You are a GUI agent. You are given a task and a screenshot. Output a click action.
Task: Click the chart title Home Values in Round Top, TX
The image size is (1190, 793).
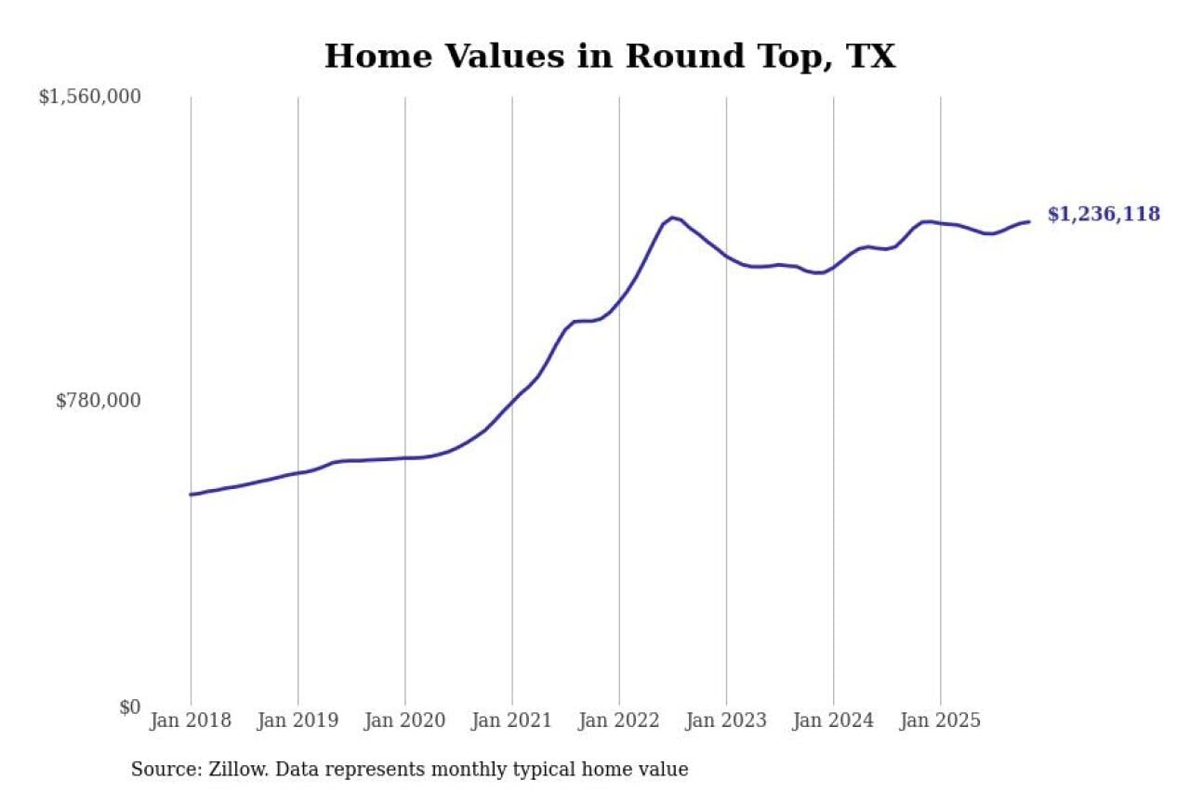point(609,56)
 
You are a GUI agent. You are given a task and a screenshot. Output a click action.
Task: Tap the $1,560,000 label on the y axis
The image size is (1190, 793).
point(89,97)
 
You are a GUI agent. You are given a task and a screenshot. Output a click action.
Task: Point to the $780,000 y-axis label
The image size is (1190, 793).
point(98,401)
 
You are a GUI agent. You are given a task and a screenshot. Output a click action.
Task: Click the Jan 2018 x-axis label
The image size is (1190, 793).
point(191,720)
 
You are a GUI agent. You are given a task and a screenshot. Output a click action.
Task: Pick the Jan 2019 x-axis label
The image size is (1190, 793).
point(297,720)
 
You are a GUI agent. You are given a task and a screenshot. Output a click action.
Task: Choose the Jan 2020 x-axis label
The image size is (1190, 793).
point(404,720)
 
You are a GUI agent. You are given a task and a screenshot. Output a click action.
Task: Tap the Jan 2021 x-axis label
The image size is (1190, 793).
point(511,720)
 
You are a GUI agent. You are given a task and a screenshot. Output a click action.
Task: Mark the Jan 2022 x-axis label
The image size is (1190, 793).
point(619,720)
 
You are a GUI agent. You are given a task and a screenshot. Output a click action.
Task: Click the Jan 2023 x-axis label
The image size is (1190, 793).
point(726,720)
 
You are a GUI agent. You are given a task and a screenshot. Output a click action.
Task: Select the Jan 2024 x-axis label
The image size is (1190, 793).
point(833,720)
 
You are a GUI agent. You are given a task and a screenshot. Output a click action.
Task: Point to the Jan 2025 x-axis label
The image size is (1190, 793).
point(940,720)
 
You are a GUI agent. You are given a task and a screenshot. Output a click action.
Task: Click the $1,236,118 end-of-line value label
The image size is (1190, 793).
point(1104,215)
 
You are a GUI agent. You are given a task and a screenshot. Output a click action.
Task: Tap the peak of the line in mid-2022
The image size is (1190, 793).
point(672,218)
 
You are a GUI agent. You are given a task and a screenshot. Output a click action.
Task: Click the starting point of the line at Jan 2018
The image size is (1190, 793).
point(191,495)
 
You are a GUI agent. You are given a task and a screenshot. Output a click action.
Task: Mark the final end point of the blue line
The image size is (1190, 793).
point(1028,221)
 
